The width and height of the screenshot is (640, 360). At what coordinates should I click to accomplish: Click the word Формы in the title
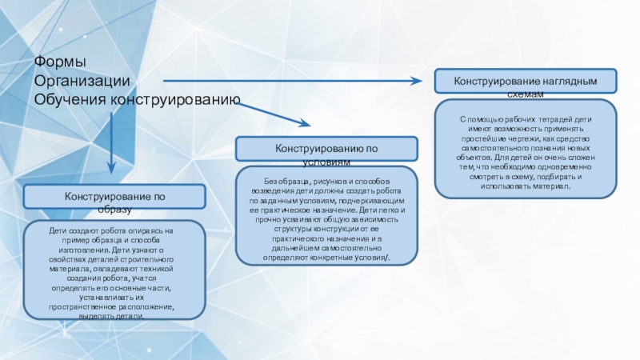pyautogui.click(x=61, y=62)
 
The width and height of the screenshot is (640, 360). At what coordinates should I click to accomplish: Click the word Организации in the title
pyautogui.click(x=82, y=81)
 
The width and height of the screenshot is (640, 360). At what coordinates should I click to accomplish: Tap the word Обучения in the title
pyautogui.click(x=70, y=100)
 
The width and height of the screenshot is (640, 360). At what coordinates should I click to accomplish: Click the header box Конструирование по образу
pyautogui.click(x=114, y=196)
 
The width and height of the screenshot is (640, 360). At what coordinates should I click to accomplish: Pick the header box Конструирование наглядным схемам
pyautogui.click(x=526, y=82)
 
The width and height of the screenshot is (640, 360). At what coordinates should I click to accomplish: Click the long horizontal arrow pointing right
pyautogui.click(x=296, y=80)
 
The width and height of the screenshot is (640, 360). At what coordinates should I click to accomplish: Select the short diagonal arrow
pyautogui.click(x=276, y=115)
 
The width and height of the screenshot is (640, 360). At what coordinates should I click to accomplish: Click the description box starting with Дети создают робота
pyautogui.click(x=114, y=271)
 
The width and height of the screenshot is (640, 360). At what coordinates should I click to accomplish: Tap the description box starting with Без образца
pyautogui.click(x=326, y=215)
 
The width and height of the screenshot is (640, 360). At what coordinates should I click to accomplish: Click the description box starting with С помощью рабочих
pyautogui.click(x=526, y=150)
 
